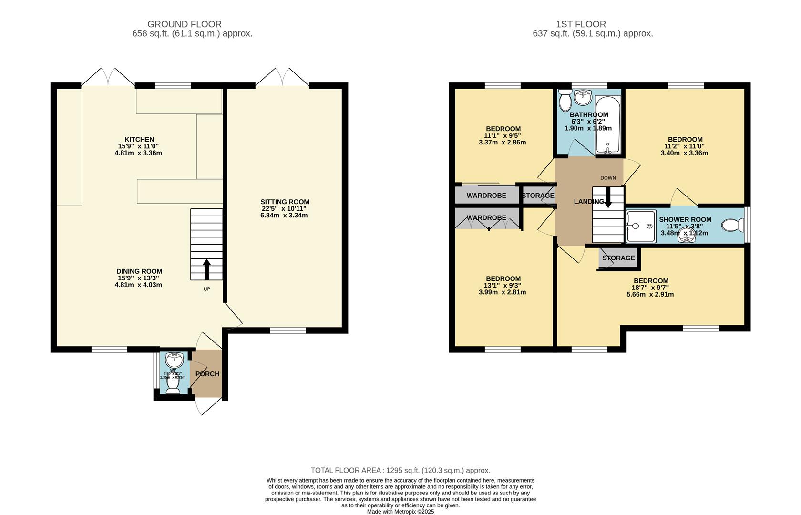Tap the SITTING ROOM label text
tap(285, 202)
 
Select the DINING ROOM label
tap(139, 271)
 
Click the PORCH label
tap(207, 374)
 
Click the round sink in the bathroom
tap(583, 97)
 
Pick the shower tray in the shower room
tap(641, 227)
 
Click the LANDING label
tap(588, 202)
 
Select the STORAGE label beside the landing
tap(538, 196)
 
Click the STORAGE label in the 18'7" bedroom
tap(618, 258)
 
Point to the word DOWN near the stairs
tap(608, 178)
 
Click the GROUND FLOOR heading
tap(184, 24)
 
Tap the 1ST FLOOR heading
tap(581, 24)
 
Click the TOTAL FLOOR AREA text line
tap(400, 470)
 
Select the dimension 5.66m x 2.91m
tap(650, 294)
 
